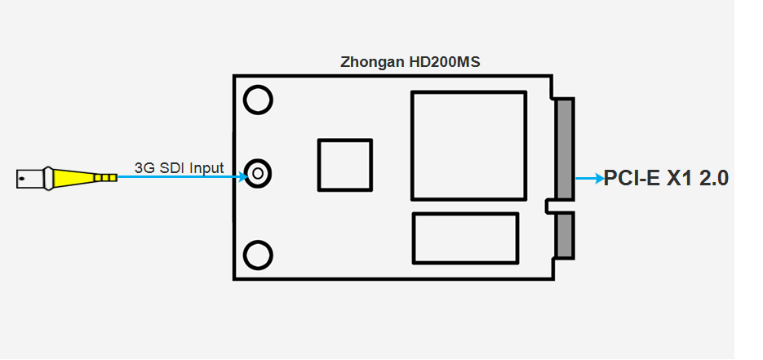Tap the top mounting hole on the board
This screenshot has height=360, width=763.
pos(259,100)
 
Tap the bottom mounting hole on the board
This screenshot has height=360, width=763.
pos(259,256)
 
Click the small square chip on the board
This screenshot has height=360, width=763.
pos(345,165)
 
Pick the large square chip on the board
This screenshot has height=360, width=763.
pos(468,145)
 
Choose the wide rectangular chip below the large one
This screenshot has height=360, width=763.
pos(465,238)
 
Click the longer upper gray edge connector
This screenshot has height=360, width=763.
pos(564,149)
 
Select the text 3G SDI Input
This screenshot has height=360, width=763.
pos(179,169)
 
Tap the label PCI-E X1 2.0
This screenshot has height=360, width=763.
pos(665,179)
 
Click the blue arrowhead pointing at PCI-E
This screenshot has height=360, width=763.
pos(597,178)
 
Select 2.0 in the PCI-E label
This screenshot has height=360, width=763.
pos(712,179)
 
